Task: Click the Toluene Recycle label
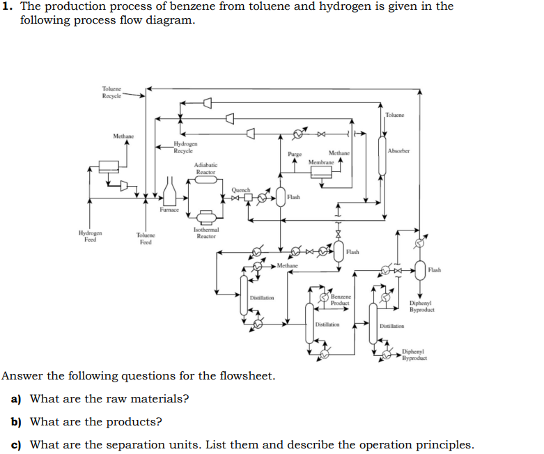[x=111, y=93]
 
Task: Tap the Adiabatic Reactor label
[x=205, y=168]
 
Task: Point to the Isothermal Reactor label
[x=205, y=233]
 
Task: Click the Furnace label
[x=169, y=209]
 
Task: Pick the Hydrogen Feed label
[x=90, y=237]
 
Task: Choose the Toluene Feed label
[x=146, y=239]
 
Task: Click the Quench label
[x=241, y=189]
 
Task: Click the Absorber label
[x=399, y=150]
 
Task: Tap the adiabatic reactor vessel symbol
[x=205, y=180]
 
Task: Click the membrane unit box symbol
[x=320, y=171]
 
